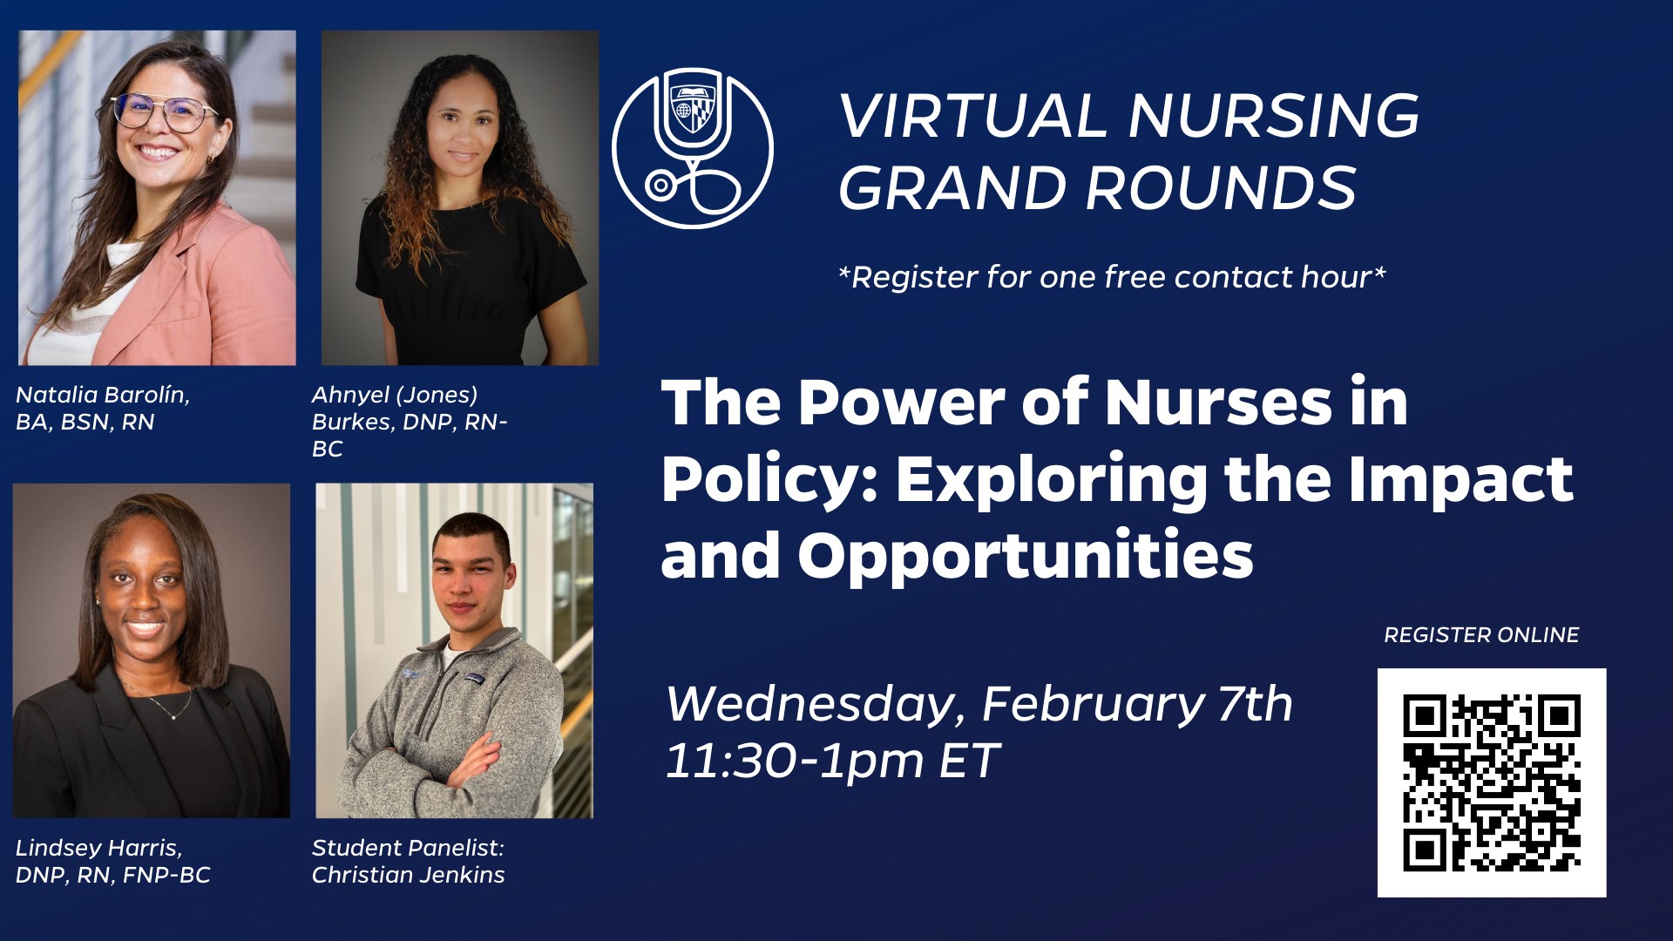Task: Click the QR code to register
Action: click(x=1491, y=782)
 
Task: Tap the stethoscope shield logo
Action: click(x=693, y=148)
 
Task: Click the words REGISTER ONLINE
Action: click(x=1481, y=635)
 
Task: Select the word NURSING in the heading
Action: click(x=1274, y=116)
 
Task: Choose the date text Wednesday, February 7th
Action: click(x=979, y=704)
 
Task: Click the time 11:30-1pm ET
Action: click(x=832, y=761)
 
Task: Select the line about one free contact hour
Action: click(x=1112, y=277)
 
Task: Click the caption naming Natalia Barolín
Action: click(x=103, y=408)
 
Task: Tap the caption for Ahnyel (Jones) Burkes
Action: click(x=410, y=422)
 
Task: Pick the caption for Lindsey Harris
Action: click(x=113, y=861)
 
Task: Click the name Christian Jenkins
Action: click(x=409, y=875)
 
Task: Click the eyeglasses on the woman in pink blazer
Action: click(x=166, y=112)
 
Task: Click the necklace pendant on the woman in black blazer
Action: click(x=174, y=716)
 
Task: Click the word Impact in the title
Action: click(x=1460, y=480)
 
